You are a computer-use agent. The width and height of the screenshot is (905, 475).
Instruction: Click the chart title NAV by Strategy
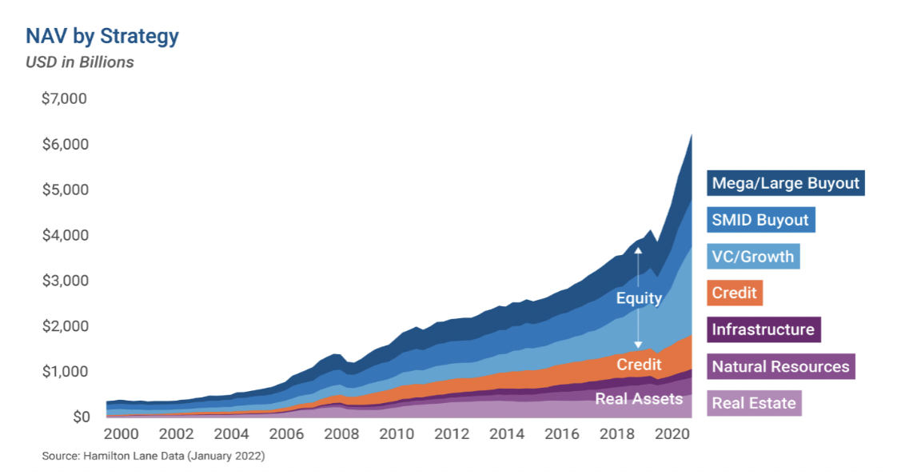102,36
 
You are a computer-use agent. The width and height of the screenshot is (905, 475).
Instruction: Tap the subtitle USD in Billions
80,62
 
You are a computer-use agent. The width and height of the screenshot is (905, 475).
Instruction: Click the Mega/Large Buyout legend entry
785,183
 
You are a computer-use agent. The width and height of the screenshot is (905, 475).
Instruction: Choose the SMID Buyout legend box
760,220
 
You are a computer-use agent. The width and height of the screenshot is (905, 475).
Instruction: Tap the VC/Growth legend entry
752,257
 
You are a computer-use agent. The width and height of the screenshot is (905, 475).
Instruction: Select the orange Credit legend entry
734,293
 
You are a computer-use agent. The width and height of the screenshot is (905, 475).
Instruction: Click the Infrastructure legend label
763,329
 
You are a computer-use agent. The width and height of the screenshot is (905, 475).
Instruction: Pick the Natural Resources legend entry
780,366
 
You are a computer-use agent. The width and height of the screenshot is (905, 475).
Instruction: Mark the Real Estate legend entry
754,403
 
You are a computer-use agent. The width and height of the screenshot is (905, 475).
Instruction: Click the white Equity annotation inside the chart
639,298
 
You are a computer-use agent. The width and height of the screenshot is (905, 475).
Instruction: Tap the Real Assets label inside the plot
639,398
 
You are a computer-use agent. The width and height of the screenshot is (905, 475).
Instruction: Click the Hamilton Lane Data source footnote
153,457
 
